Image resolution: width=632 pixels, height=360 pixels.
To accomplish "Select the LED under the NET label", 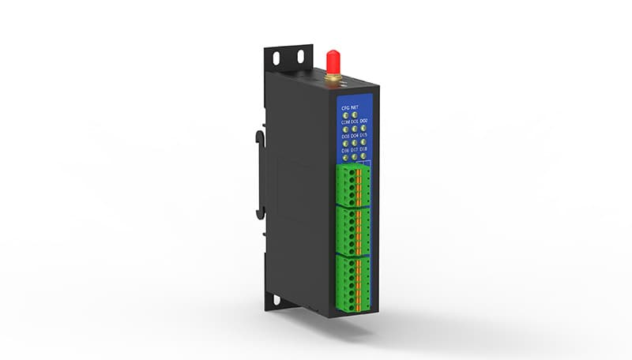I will [354, 115].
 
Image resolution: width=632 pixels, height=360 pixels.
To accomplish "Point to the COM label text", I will [345, 122].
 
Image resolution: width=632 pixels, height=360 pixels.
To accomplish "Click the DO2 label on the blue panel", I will [363, 122].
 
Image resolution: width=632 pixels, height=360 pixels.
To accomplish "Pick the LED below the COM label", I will [345, 129].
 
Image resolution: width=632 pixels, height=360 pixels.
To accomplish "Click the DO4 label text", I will [354, 136].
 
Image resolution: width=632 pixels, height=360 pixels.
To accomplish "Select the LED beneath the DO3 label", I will [345, 143].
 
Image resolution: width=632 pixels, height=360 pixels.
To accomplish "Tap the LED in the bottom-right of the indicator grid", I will [363, 157].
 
